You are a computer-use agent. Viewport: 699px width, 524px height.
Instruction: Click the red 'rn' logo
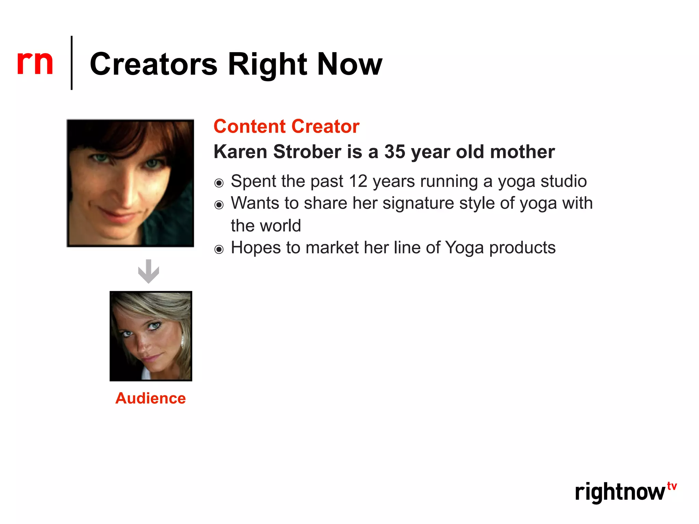click(35, 63)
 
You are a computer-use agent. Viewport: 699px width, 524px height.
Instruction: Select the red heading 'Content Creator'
click(286, 126)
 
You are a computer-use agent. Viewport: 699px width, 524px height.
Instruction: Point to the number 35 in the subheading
click(395, 152)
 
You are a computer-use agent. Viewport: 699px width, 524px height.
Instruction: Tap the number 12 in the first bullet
click(358, 181)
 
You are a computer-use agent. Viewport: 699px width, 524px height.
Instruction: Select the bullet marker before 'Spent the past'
click(219, 183)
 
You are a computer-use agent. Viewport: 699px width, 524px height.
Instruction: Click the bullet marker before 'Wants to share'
click(219, 205)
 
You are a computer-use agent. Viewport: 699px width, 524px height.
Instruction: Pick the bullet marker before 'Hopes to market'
click(219, 249)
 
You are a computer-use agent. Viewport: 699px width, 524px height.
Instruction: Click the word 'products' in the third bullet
click(522, 248)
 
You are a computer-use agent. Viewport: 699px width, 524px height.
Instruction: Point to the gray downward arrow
click(148, 272)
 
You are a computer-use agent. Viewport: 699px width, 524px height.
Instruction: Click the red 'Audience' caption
click(151, 398)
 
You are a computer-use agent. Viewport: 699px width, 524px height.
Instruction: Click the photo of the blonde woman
click(151, 336)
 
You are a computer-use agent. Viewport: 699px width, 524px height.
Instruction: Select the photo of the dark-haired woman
click(130, 183)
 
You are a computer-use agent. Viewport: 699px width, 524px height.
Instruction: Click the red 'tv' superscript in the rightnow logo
click(672, 486)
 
